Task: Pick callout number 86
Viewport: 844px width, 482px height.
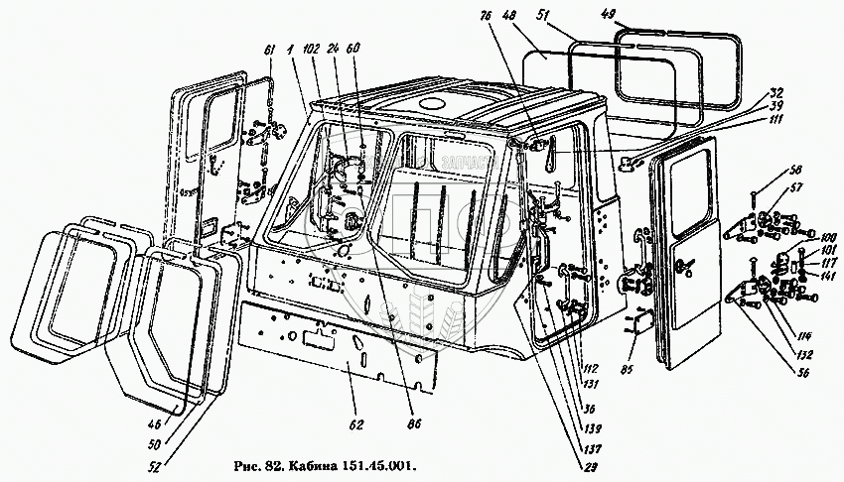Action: pyautogui.click(x=415, y=424)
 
